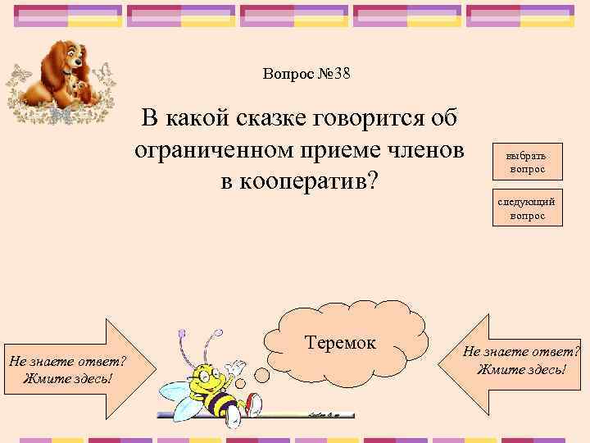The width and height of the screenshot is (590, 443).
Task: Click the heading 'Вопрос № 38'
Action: click(x=306, y=74)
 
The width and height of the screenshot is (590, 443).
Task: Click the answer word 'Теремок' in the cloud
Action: click(x=340, y=342)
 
